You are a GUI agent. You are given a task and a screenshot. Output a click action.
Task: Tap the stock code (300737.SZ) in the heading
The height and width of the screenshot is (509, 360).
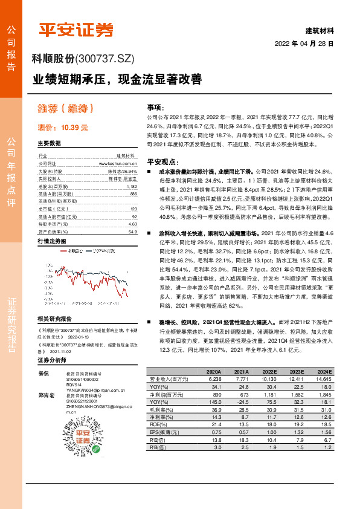pyautogui.click(x=104, y=59)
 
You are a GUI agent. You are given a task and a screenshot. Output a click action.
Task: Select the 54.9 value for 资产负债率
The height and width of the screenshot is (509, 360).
pyautogui.click(x=133, y=232)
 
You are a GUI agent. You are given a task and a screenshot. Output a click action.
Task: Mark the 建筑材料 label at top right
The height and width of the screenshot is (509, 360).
pyautogui.click(x=319, y=30)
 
